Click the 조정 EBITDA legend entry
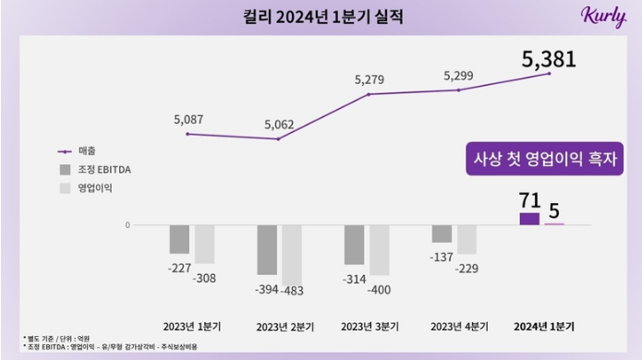pos(98,170)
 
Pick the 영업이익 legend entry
pos(91,188)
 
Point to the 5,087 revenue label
pos(189,119)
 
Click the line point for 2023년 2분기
pos(278,139)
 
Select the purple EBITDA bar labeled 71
pos(529,219)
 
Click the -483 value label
pos(293,291)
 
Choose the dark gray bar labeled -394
pos(266,249)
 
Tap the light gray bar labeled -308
pos(204,245)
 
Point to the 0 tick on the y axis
pos(127,225)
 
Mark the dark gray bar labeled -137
pos(442,234)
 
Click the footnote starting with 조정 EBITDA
pos(111,346)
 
